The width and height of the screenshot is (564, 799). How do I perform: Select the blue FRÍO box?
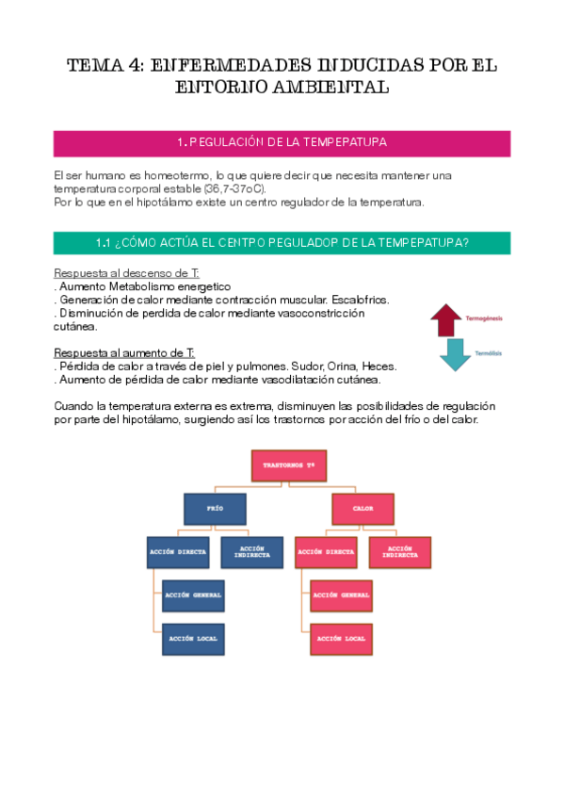(x=214, y=508)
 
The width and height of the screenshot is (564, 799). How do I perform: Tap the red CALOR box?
(x=363, y=509)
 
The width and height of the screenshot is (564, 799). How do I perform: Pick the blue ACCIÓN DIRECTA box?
(x=180, y=551)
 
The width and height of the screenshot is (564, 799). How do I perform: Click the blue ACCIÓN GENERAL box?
(x=193, y=595)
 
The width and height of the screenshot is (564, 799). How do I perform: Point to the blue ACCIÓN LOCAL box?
(x=193, y=639)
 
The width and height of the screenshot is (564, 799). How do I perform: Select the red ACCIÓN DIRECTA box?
(x=325, y=551)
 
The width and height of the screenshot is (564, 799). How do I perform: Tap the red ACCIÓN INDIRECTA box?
(x=399, y=551)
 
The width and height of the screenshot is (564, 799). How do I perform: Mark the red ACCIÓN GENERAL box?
(x=341, y=595)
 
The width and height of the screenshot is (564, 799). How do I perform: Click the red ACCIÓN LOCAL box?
(x=341, y=639)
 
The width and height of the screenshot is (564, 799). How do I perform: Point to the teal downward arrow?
(x=456, y=353)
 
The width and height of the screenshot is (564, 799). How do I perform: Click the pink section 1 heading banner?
(x=282, y=142)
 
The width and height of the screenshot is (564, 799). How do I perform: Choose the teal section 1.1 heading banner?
(x=282, y=242)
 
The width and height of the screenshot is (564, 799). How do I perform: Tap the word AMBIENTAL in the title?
(x=328, y=88)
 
